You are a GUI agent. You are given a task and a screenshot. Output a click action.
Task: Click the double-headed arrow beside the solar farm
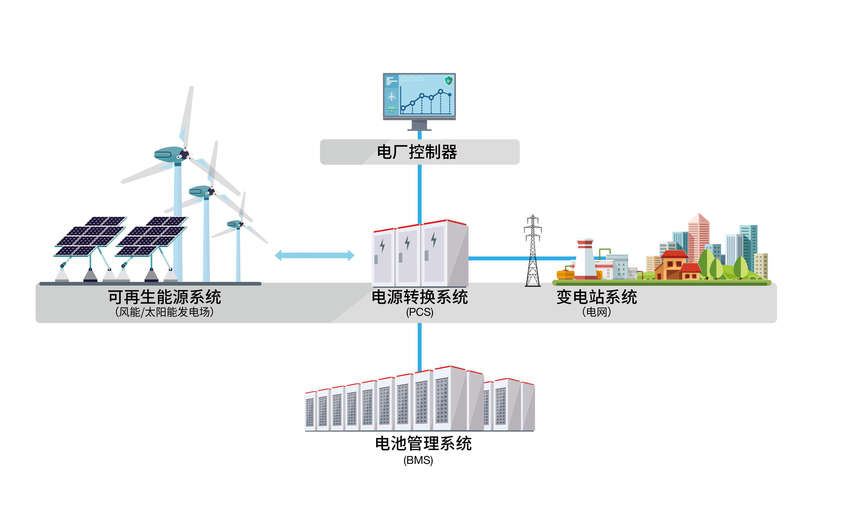[x=314, y=256]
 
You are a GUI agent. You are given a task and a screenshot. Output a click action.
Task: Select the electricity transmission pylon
[x=533, y=251]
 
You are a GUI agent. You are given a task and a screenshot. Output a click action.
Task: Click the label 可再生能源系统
[x=165, y=297]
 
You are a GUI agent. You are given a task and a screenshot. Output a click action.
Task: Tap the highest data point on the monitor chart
[x=440, y=92]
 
